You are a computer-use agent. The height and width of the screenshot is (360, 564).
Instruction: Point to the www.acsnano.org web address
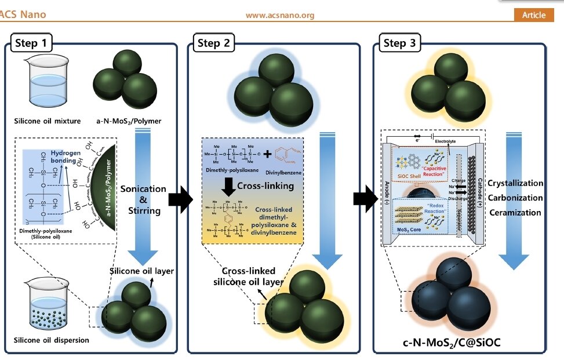[280, 16]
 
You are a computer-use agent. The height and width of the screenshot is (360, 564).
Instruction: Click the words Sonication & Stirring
[143, 199]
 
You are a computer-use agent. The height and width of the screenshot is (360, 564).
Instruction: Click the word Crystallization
[515, 183]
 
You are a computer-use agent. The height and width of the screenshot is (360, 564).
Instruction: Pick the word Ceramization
[515, 212]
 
